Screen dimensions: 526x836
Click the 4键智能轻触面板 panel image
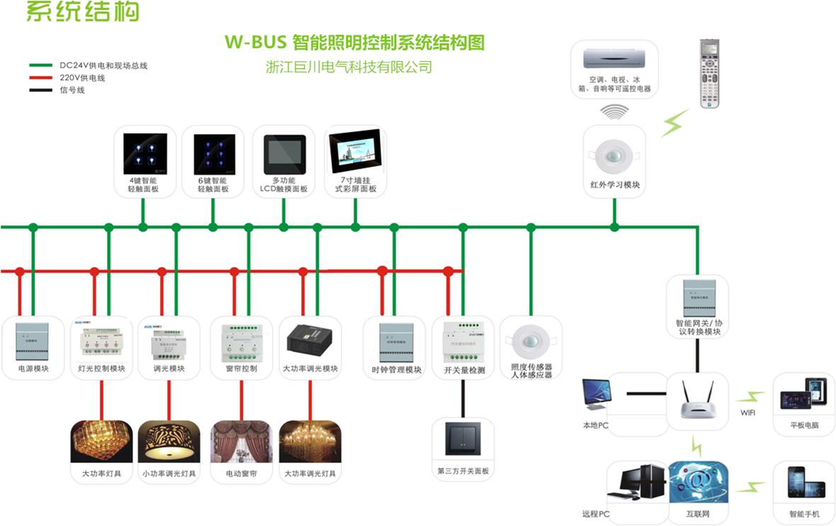tap(145, 154)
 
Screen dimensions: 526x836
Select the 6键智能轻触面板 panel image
tap(213, 154)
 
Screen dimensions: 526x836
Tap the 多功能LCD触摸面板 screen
tap(284, 154)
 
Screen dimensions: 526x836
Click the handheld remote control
tap(710, 74)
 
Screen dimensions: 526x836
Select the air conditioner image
tap(614, 60)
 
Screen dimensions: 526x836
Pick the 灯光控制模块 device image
tap(101, 340)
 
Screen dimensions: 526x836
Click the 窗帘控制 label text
tap(241, 369)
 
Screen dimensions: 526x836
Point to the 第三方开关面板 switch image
tap(463, 439)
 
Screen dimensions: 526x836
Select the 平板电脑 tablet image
tap(803, 393)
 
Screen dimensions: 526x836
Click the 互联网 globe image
tap(698, 483)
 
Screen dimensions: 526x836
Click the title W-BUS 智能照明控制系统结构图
tap(354, 43)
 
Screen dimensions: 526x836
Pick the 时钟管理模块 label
tap(396, 370)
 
